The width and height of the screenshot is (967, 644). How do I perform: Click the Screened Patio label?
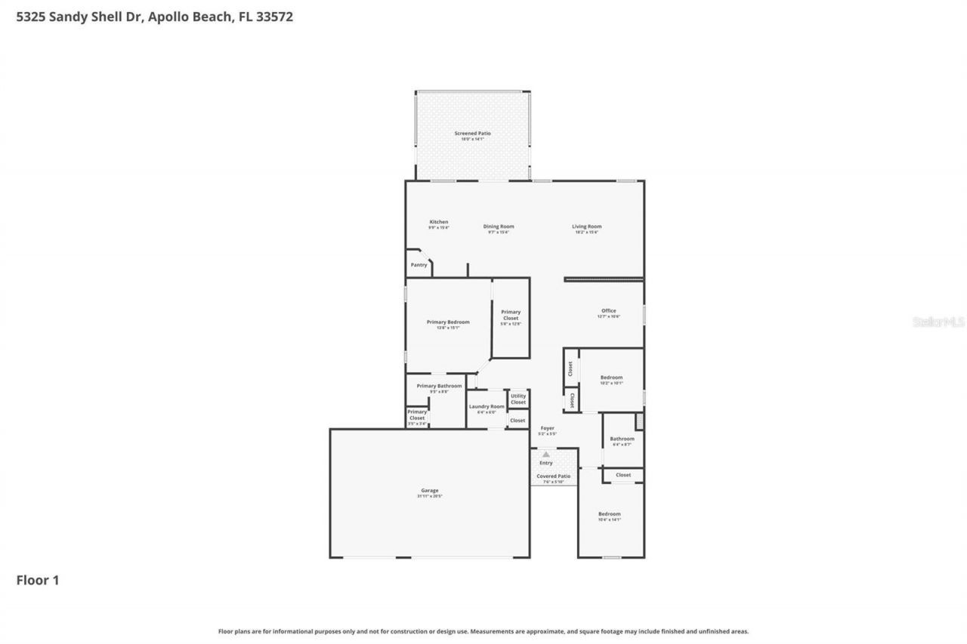472,134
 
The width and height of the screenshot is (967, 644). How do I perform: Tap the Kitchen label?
439,222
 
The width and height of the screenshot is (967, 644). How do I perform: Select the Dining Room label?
499,226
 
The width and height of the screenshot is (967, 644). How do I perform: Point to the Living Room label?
586,226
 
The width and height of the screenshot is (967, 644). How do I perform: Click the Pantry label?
419,265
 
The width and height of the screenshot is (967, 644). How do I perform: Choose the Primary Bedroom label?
448,322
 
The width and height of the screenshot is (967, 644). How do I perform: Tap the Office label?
608,310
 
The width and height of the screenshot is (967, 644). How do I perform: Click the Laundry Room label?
487,406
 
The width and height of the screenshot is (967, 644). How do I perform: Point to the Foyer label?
547,428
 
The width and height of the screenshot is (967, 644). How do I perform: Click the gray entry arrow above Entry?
545,454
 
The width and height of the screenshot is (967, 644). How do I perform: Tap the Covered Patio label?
554,476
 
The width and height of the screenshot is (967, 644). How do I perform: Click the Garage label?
429,490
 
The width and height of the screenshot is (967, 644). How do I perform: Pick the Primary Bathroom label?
439,386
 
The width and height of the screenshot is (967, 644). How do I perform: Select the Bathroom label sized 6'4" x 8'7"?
623,439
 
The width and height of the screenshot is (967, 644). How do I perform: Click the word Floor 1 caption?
38,581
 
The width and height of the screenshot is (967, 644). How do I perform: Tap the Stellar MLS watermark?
939,322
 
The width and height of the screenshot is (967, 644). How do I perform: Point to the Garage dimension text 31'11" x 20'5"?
429,497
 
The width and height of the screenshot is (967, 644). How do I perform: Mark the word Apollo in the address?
168,17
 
